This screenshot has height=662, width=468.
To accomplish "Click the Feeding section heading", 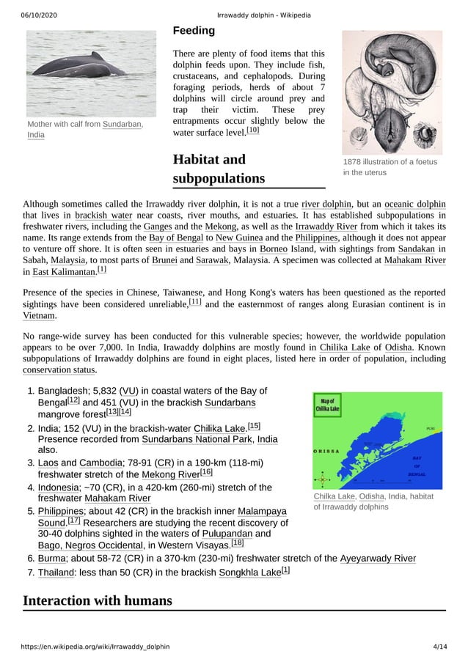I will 194,31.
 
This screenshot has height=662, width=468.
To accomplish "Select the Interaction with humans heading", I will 98,601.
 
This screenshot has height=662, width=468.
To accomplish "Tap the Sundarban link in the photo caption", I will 122,124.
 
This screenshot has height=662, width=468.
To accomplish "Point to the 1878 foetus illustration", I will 392,91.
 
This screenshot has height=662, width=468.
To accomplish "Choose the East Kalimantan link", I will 64,272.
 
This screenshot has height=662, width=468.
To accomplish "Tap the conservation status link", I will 59,370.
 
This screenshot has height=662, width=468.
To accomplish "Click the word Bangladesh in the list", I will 61,391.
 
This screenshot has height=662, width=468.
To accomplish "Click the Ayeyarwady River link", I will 378,558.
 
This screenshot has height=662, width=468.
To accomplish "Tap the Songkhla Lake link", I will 249,572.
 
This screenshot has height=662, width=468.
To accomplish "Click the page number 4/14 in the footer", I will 439,647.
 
